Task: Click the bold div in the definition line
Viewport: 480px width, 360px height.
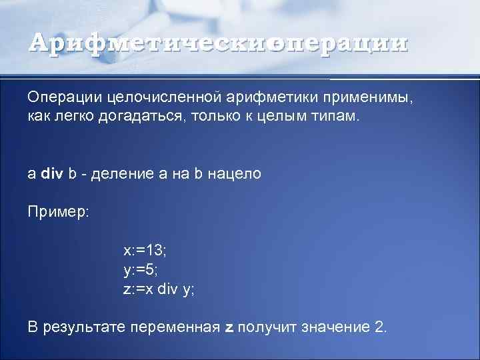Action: pyautogui.click(x=53, y=174)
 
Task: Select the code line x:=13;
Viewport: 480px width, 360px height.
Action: pyautogui.click(x=145, y=251)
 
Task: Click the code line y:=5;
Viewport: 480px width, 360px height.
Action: pyautogui.click(x=141, y=270)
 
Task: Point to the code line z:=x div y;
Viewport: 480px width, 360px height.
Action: pyautogui.click(x=159, y=289)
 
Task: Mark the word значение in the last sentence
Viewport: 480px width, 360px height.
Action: pyautogui.click(x=336, y=327)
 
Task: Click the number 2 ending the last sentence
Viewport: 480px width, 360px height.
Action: pyautogui.click(x=380, y=327)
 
